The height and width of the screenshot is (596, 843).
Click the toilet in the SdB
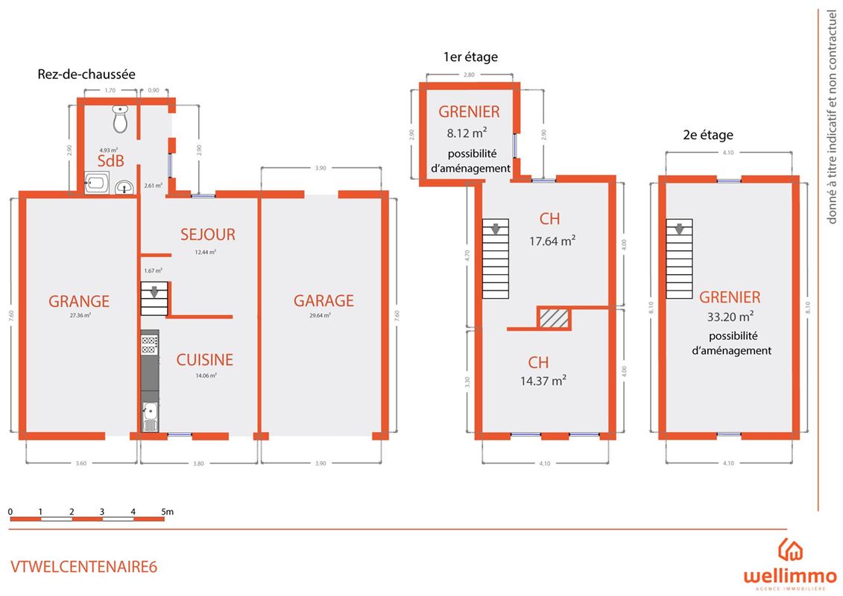121,118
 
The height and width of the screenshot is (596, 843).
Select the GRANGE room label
79,302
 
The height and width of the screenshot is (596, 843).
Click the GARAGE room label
323,301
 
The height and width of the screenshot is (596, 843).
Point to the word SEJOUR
207,235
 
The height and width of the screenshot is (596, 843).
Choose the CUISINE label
204,360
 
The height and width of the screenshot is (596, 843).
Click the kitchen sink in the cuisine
150,416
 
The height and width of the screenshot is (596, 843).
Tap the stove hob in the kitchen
150,343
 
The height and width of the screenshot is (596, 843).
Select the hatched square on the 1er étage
554,318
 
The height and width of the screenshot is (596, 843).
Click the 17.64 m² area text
552,241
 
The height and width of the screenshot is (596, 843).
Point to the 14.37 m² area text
543,381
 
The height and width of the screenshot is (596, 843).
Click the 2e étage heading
708,135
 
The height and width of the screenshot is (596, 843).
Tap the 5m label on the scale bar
168,512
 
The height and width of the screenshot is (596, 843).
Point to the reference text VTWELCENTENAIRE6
84,566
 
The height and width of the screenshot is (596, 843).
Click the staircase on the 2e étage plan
679,258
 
